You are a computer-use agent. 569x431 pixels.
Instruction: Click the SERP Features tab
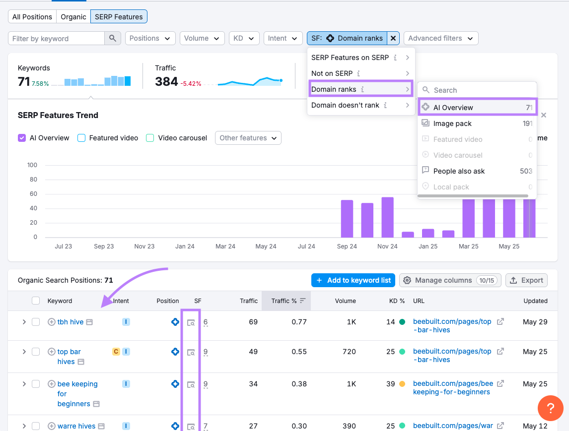tap(119, 17)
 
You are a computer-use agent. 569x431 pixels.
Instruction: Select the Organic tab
tap(73, 17)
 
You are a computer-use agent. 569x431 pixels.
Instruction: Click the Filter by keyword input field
tap(57, 39)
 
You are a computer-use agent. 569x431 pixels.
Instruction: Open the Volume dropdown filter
tap(202, 38)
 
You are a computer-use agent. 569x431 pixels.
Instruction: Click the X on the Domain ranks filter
tap(393, 38)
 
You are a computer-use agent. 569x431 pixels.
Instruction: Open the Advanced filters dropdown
tap(440, 38)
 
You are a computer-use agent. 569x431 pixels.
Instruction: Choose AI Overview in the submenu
tap(453, 108)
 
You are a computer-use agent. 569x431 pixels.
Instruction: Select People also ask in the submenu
tap(459, 171)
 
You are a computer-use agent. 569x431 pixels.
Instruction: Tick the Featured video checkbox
tap(82, 138)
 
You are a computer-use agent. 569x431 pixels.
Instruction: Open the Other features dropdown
tap(248, 138)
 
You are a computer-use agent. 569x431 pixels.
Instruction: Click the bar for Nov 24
tap(388, 217)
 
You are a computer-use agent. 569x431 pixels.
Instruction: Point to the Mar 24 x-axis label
tap(225, 246)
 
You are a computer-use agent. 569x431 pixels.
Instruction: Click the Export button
tap(526, 280)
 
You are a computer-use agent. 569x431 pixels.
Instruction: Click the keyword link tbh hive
tap(71, 322)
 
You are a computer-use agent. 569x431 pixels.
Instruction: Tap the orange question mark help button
tap(550, 408)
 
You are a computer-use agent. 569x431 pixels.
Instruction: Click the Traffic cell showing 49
tap(253, 352)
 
